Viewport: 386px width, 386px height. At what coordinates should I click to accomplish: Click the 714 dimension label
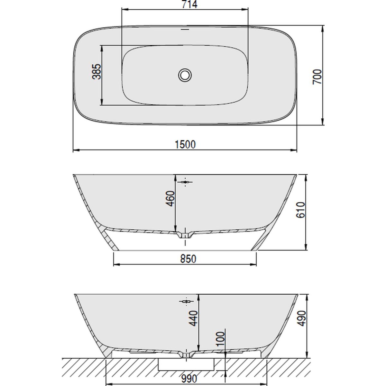[189, 5]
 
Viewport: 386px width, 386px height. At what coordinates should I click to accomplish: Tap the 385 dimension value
[97, 71]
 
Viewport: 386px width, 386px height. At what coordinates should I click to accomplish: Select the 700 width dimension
[317, 77]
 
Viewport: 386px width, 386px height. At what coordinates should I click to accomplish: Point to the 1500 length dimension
[185, 144]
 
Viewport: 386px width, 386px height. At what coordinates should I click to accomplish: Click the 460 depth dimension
[170, 198]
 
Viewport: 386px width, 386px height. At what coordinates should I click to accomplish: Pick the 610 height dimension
[300, 210]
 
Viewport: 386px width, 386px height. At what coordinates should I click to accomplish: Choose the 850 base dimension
[188, 259]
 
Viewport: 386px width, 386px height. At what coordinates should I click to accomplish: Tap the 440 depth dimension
[193, 324]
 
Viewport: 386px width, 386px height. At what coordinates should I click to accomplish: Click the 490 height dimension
[301, 318]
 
